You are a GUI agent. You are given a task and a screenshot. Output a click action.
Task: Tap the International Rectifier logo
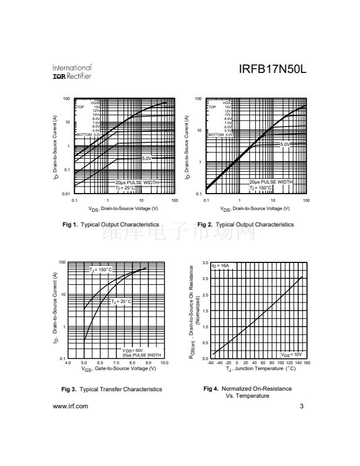[x=72, y=72]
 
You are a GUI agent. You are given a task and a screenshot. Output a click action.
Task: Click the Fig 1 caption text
[x=111, y=225]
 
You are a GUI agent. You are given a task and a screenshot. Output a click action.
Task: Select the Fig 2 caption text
[x=245, y=225]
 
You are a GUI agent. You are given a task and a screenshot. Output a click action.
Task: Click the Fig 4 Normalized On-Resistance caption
[x=247, y=392]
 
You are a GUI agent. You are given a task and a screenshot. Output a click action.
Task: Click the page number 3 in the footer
[x=301, y=406]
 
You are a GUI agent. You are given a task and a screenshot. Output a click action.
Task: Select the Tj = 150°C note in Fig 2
[x=261, y=188]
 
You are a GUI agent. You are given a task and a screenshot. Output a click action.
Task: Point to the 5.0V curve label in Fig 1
[x=147, y=158]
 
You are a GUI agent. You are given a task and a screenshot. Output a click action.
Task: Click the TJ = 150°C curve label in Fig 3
[x=101, y=270]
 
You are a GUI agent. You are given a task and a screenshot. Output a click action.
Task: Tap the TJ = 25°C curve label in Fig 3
[x=122, y=301]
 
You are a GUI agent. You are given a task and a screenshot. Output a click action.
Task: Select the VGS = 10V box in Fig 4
[x=291, y=354]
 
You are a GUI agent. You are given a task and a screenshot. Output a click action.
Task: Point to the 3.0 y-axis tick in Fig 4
[x=205, y=262]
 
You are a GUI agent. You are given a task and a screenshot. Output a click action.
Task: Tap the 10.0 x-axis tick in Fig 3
[x=164, y=363]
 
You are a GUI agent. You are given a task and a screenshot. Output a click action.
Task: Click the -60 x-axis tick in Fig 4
[x=211, y=363]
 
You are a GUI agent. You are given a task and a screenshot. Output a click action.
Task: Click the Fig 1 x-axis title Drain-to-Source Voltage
[x=124, y=208]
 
